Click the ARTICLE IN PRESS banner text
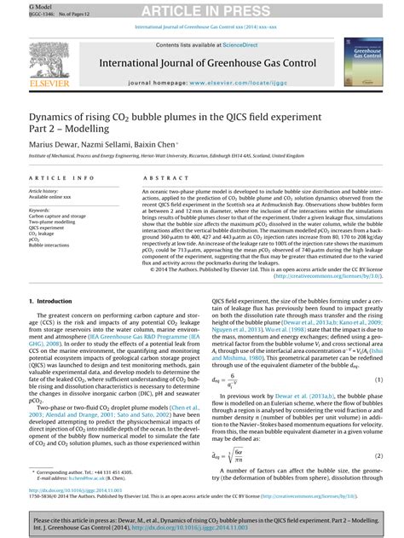[201, 10]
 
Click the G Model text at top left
[16, 4]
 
